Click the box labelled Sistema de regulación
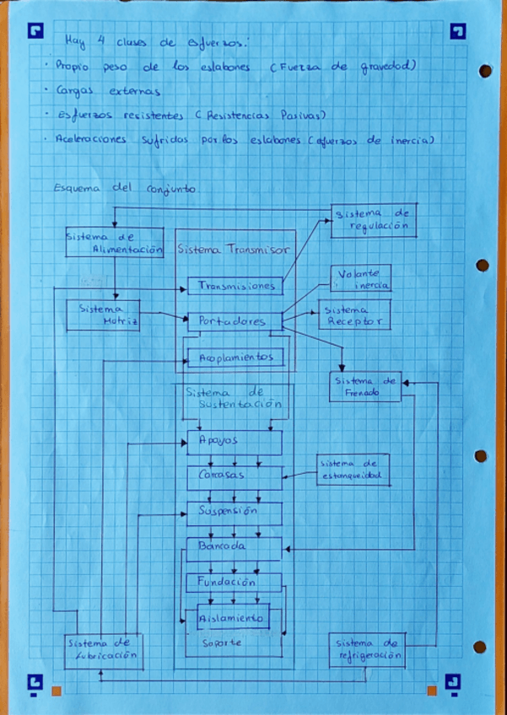pos(373,220)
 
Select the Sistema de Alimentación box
pos(114,243)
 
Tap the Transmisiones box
pos(235,286)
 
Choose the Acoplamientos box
pos(236,357)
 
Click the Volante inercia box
pos(360,279)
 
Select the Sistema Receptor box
pos(354,314)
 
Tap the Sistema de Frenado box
pos(365,386)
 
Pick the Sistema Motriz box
pos(102,314)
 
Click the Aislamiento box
pos(232,617)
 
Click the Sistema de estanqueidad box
pos(353,470)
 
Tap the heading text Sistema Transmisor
pos(234,250)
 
